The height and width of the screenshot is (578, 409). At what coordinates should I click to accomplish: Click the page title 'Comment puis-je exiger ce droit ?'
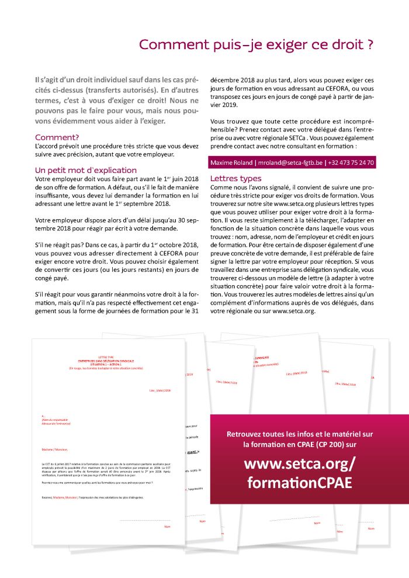point(256,45)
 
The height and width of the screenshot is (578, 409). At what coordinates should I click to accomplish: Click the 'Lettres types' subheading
point(235,178)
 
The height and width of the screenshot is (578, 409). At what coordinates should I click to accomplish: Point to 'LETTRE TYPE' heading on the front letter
point(107,357)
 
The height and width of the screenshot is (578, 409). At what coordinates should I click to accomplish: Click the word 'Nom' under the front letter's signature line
point(167,526)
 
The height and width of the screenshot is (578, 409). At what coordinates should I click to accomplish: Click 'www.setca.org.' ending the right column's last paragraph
point(294,311)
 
